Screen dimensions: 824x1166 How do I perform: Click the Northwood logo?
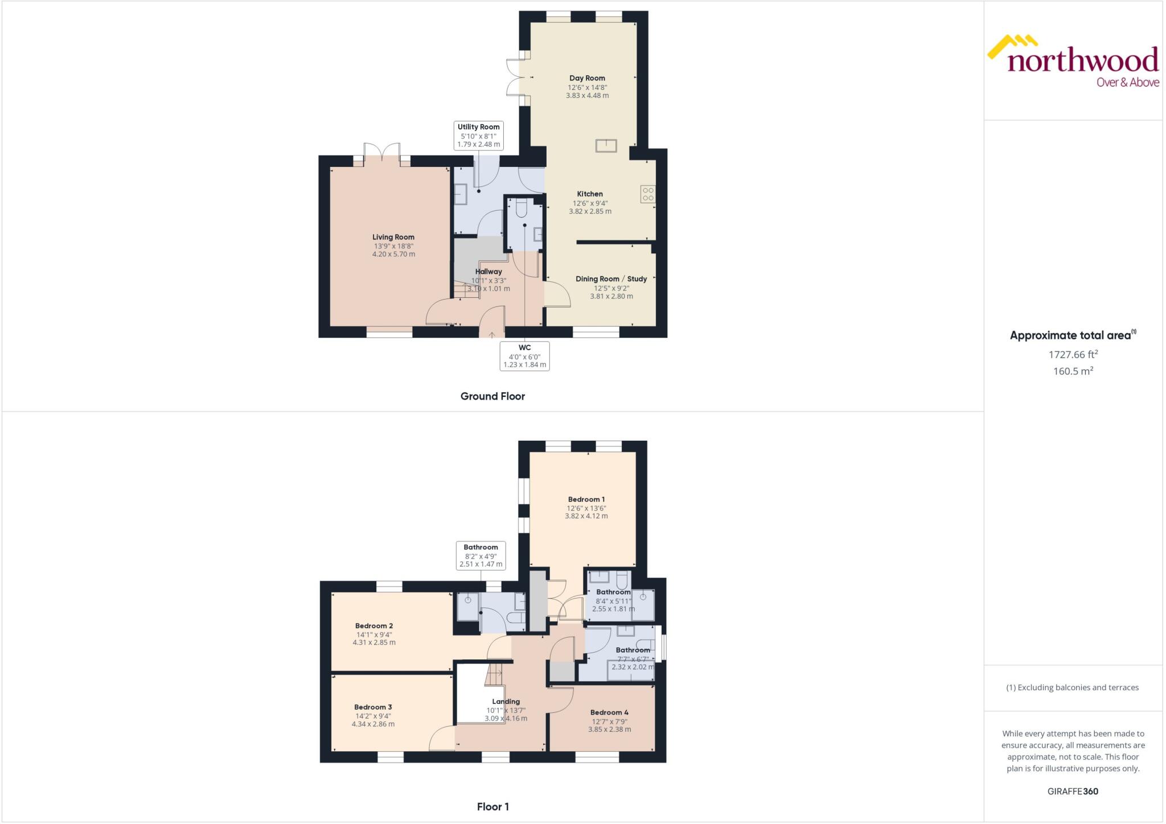pyautogui.click(x=1073, y=63)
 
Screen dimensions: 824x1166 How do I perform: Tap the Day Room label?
pyautogui.click(x=587, y=78)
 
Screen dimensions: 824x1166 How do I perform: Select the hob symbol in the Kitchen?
pyautogui.click(x=648, y=194)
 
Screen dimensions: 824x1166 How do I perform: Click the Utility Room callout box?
pyautogui.click(x=478, y=136)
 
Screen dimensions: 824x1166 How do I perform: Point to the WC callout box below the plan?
pyautogui.click(x=524, y=356)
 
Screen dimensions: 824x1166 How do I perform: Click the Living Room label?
pyautogui.click(x=393, y=237)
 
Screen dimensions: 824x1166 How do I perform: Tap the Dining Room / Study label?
pyautogui.click(x=611, y=278)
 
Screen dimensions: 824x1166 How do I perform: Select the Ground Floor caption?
pyautogui.click(x=492, y=396)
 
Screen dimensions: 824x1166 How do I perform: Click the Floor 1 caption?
pyautogui.click(x=492, y=806)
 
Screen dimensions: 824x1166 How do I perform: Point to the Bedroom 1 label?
pyautogui.click(x=586, y=499)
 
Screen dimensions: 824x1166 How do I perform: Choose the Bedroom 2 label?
pyautogui.click(x=374, y=626)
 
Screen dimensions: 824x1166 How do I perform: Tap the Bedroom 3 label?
pyautogui.click(x=373, y=707)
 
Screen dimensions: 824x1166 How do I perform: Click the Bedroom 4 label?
pyautogui.click(x=609, y=712)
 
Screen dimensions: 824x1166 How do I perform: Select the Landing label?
pyautogui.click(x=506, y=702)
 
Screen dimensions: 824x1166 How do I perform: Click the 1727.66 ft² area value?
pyautogui.click(x=1073, y=354)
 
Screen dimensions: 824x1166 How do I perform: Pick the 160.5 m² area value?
pyautogui.click(x=1073, y=371)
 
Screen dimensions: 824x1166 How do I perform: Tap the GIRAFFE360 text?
pyautogui.click(x=1073, y=791)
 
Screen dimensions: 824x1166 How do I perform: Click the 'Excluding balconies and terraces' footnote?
pyautogui.click(x=1073, y=687)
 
